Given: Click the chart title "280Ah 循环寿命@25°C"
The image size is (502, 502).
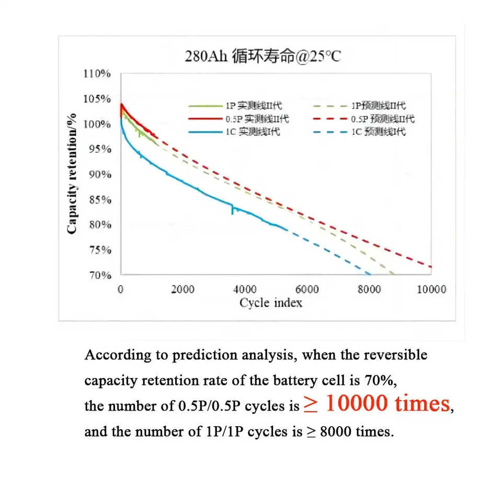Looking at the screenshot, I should point(263,56).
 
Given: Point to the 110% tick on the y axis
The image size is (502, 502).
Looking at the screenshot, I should point(98,74).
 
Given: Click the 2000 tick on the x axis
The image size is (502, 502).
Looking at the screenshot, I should point(182,290).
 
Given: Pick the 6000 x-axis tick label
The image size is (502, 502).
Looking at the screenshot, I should point(307,290).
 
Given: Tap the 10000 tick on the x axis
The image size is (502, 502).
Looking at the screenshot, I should point(431,290).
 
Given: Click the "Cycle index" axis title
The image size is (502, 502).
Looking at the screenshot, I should point(271,303).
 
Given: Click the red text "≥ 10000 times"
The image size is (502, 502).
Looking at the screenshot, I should point(376,403).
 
